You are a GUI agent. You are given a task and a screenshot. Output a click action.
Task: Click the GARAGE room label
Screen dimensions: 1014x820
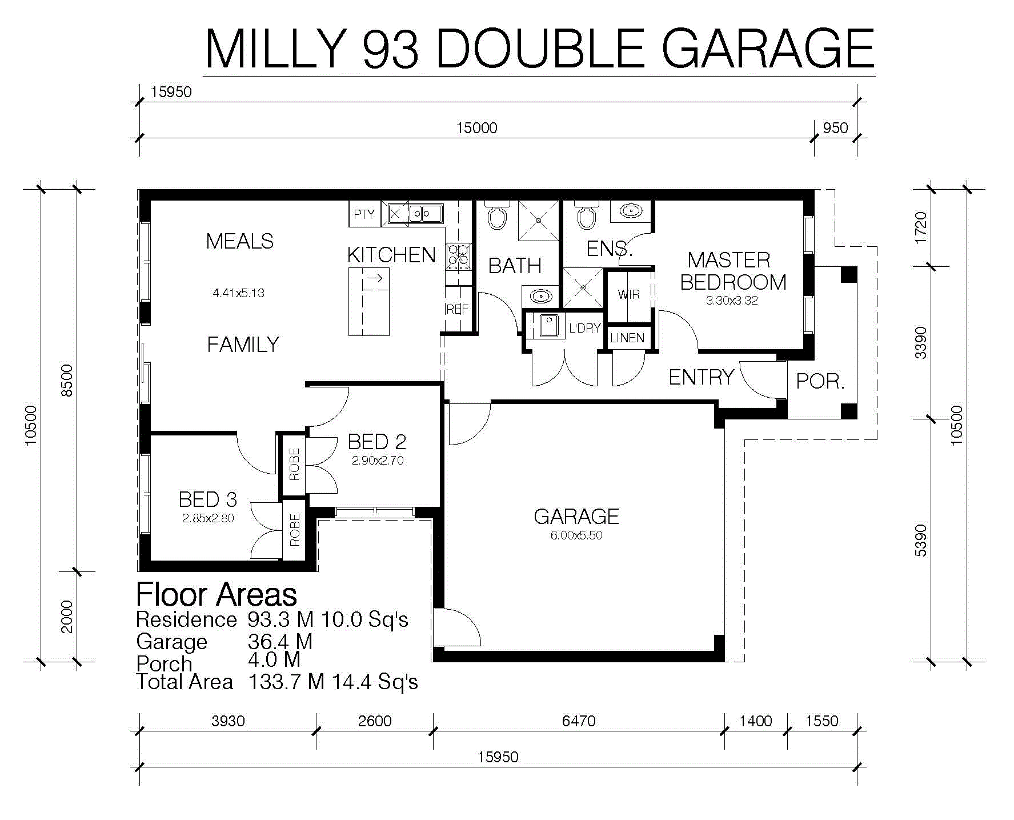point(576,517)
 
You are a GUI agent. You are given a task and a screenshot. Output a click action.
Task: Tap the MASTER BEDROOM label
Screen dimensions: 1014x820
point(733,271)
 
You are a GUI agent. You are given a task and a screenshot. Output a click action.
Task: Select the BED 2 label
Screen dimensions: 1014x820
point(377,442)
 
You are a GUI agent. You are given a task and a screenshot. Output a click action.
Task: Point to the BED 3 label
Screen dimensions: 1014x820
point(207,499)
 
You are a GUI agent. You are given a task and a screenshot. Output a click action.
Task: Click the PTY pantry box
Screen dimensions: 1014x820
point(364,214)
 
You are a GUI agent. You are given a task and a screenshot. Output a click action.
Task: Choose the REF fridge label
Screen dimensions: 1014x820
point(457,309)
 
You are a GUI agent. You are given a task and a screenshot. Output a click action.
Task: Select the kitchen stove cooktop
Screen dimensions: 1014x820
point(459,257)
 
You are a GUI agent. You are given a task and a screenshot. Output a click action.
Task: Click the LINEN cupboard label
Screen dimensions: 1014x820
point(627,338)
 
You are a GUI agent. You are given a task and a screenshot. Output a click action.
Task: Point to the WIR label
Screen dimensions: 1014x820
point(628,294)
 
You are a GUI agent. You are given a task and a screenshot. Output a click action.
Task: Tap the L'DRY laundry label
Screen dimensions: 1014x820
point(584,328)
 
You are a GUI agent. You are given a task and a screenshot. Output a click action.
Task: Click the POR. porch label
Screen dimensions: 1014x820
point(820,381)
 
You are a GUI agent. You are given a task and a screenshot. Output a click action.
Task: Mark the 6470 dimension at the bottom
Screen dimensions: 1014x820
point(579,721)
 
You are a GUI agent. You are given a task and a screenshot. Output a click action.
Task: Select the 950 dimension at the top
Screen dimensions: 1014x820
point(835,128)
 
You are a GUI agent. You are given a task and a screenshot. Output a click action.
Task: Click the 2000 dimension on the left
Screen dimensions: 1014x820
point(67,617)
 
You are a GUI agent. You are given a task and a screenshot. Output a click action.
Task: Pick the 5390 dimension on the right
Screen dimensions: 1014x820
point(921,540)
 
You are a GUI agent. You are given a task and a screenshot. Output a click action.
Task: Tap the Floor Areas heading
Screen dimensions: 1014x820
point(217,594)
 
